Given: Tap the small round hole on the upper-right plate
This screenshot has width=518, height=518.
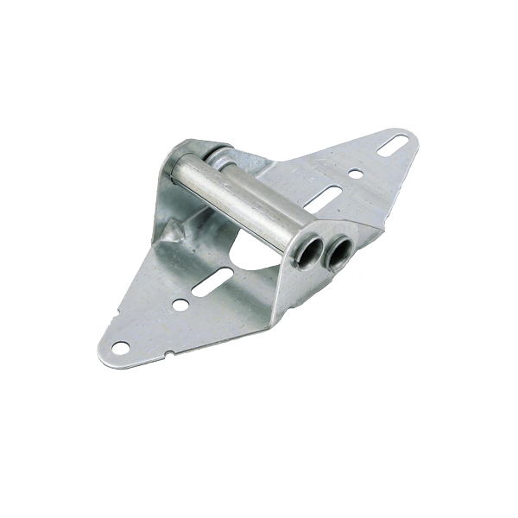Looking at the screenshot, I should [x=356, y=174].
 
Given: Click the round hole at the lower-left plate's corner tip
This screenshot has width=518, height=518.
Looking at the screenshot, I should [x=120, y=347].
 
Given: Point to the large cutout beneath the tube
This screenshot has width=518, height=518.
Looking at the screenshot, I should [x=259, y=259].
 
